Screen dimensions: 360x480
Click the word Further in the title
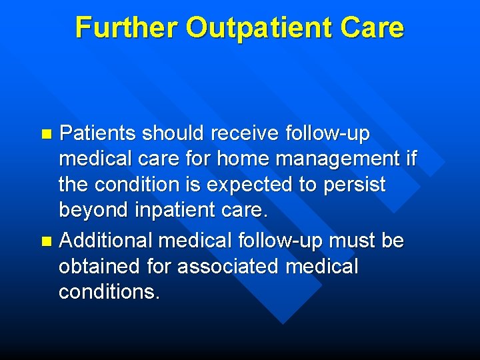click(x=126, y=28)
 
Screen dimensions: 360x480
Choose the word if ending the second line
click(x=411, y=159)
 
